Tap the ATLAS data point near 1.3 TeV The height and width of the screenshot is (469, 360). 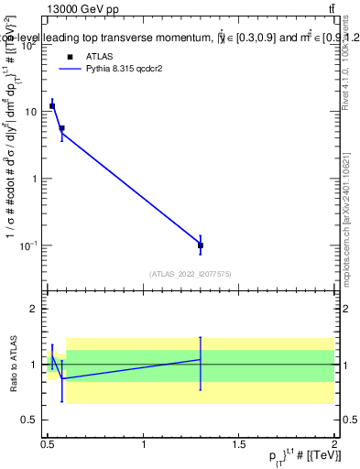(x=201, y=245)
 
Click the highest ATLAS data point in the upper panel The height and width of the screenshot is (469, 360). (x=52, y=106)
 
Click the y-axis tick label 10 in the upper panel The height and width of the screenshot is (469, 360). (x=33, y=112)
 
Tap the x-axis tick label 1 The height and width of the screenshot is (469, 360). (x=144, y=443)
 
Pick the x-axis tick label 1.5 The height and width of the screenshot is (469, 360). (x=239, y=443)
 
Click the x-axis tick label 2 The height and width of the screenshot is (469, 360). (x=334, y=443)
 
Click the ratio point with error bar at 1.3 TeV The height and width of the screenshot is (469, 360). (x=201, y=360)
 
